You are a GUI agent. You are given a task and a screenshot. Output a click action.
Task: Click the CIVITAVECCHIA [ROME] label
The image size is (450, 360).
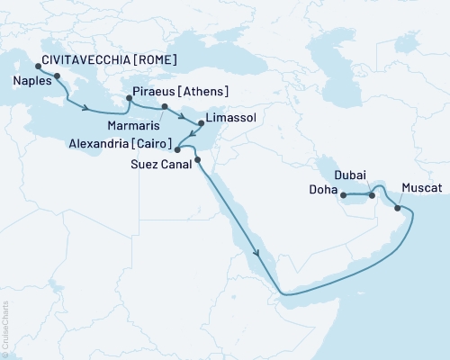click(x=106, y=61)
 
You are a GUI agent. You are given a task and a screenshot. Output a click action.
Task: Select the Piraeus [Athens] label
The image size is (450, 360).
click(x=180, y=91)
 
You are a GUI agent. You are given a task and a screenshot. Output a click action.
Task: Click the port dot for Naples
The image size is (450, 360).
click(x=57, y=76)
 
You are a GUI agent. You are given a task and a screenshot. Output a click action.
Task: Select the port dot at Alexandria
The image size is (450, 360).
click(x=177, y=149)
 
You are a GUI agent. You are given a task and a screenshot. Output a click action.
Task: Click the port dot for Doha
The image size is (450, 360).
click(x=345, y=193)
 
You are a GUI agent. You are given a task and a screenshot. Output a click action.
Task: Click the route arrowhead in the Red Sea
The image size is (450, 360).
click(x=257, y=254)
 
